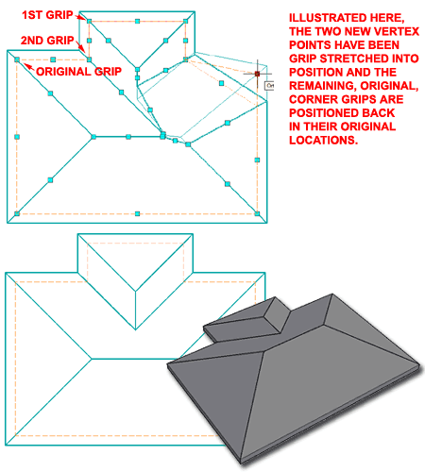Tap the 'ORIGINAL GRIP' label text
(78, 70)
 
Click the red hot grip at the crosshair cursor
(257, 73)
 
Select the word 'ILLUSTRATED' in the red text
(315, 18)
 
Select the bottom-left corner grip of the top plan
(16, 215)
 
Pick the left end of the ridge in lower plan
(92, 358)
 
